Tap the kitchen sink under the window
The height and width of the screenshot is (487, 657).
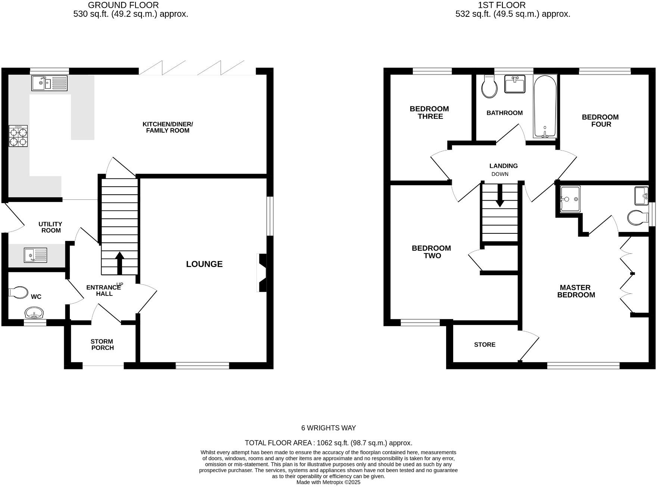point(49,83)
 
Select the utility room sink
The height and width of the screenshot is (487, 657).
point(35,255)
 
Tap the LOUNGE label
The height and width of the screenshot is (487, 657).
point(204,264)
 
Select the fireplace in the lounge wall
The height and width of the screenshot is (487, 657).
point(262,273)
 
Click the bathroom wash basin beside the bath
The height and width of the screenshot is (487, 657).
point(515,84)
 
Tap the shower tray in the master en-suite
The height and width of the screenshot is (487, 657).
point(570,199)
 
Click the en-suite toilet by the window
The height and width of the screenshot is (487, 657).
point(638,217)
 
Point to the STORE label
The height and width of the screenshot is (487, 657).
point(485,344)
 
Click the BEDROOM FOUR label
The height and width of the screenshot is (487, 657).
point(600,120)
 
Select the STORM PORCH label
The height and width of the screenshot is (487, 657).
point(102,344)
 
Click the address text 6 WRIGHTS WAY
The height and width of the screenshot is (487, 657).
point(328,428)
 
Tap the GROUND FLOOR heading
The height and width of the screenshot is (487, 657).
point(123,5)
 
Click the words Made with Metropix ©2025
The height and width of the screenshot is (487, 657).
point(328,482)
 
